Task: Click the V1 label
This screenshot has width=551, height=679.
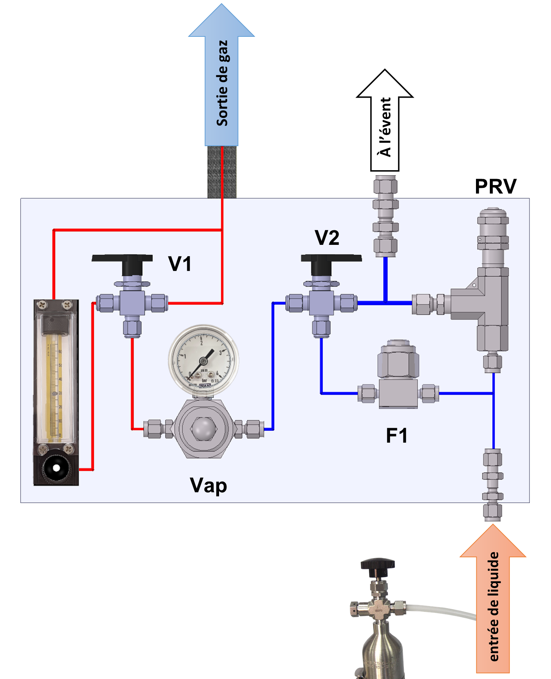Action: point(180,264)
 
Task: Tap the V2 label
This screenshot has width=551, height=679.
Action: point(327,237)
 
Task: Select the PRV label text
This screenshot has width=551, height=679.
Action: point(495,186)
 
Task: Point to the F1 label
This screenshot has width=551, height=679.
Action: point(396,436)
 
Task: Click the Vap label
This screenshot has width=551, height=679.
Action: point(208,485)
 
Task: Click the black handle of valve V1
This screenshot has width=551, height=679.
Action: point(122,259)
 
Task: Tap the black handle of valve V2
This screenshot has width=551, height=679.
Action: point(331,259)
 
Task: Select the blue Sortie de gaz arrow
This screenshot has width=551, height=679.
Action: point(222,81)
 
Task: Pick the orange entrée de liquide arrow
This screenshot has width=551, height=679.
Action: point(493,602)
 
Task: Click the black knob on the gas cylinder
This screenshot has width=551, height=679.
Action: point(378,563)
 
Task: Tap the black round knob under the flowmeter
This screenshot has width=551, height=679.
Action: point(56,468)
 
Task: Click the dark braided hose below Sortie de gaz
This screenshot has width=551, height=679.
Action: point(222,172)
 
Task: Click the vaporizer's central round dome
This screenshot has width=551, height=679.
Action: point(203,428)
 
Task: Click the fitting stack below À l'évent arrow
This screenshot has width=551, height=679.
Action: point(385,216)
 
